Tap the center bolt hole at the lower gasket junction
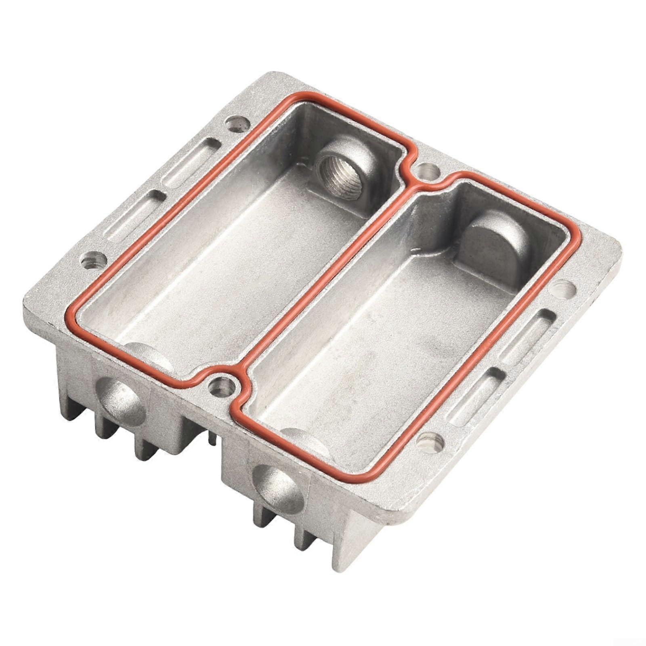coord(221,386)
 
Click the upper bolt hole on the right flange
coord(564,288)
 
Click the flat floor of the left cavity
coord(226,262)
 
